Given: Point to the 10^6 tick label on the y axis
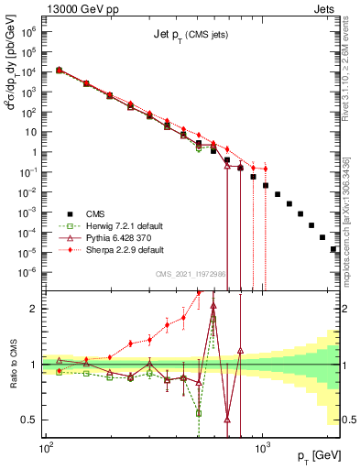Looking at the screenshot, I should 28,31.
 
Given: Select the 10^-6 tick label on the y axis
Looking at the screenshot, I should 28,271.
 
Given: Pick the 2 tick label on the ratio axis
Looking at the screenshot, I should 33,309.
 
